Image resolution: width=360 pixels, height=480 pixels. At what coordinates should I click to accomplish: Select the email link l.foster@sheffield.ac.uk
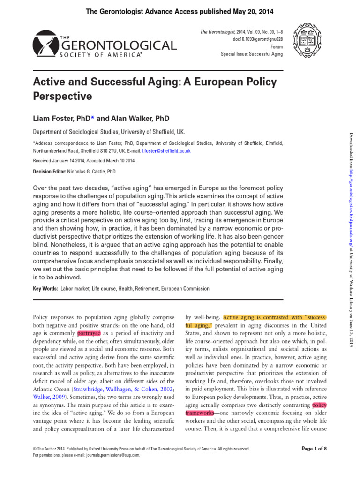(x=168, y=151)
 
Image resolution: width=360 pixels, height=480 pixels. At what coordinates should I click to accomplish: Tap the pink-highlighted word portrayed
(x=89, y=333)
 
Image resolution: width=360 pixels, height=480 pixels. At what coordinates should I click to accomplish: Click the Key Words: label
(x=45, y=289)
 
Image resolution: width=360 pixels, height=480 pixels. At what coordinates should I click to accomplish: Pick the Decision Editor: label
(x=50, y=172)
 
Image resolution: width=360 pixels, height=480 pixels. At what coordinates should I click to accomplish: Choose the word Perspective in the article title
(x=62, y=97)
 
